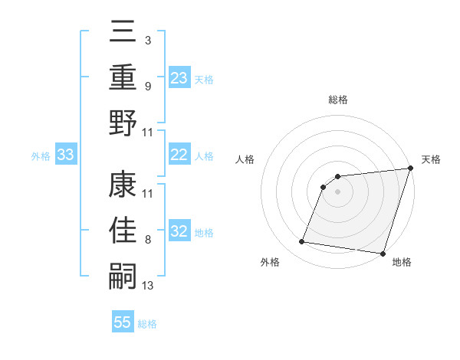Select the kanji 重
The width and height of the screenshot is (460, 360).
[123, 77]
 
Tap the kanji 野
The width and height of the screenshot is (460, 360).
[123, 122]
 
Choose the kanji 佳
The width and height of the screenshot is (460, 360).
[123, 230]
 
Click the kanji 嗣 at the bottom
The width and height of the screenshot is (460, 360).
[123, 275]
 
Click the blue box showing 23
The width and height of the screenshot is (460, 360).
[179, 77]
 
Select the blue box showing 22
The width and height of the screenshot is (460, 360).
[179, 155]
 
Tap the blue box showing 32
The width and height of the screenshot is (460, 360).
[179, 231]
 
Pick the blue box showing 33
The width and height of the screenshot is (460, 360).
[65, 155]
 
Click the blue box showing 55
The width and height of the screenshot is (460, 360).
[123, 322]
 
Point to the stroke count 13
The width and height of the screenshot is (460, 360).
[148, 286]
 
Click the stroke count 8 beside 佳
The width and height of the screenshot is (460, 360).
[147, 241]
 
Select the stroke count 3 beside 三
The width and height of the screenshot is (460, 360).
[147, 40]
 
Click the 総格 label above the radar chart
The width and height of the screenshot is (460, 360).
[338, 100]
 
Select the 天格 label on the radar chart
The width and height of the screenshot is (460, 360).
[431, 159]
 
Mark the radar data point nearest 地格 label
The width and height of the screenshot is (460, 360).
[383, 253]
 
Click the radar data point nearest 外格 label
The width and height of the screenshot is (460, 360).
[302, 242]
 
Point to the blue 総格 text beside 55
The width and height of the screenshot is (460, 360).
[147, 324]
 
